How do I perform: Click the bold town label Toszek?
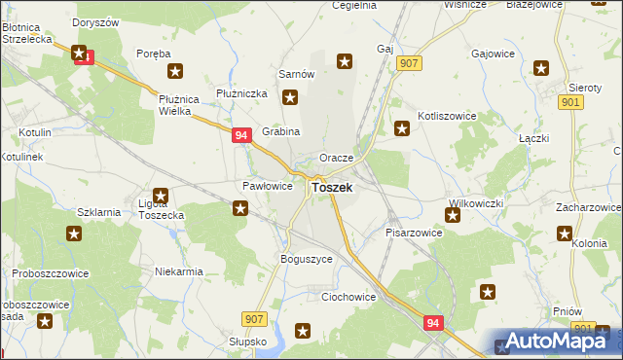pos(332,187)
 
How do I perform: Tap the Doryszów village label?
pos(94,21)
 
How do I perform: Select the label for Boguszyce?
pos(307,259)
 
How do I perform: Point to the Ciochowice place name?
pos(348,296)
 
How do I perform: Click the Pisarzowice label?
pos(414,234)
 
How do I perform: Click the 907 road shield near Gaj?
pos(409,63)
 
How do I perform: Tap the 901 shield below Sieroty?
pos(571,102)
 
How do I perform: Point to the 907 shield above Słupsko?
pos(255,319)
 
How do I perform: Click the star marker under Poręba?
pos(175,71)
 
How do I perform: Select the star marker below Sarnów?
pos(290,97)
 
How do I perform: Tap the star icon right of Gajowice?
pos(541,68)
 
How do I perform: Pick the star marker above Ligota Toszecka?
pos(162,196)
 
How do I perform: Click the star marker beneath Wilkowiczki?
pos(453,214)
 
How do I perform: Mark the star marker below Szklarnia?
pos(74,234)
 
